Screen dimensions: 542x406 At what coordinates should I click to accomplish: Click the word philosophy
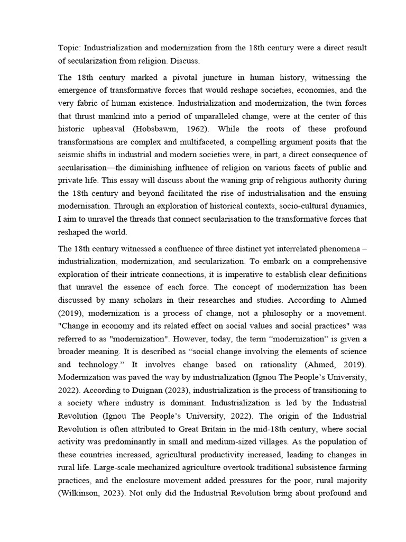pyautogui.click(x=277, y=312)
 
